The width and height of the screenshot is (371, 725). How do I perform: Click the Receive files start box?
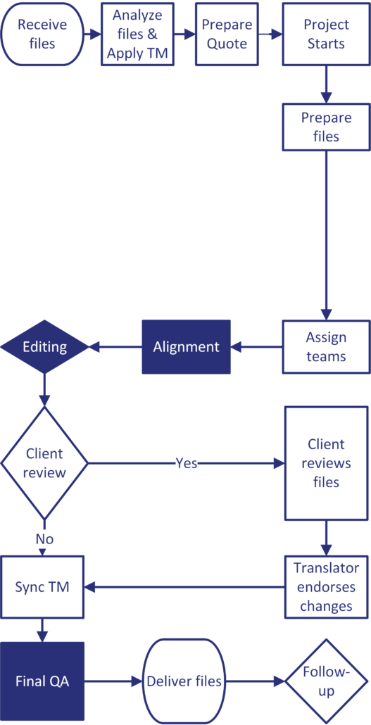tap(42, 34)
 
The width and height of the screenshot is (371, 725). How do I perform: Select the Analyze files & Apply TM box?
tap(137, 34)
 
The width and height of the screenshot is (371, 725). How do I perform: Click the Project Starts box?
tap(326, 34)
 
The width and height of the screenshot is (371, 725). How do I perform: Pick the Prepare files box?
tap(326, 127)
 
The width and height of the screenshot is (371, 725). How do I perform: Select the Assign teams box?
tap(326, 346)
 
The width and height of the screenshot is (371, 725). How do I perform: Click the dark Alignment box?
tap(187, 346)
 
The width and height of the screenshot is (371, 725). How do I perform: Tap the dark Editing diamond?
tap(44, 346)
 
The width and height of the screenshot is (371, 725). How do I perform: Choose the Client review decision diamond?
tap(44, 463)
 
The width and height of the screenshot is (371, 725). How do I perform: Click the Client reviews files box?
tap(326, 463)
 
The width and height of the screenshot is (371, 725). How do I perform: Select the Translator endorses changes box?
tap(326, 586)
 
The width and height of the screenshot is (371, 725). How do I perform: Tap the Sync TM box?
tap(42, 586)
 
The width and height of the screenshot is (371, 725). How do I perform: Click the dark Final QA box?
tap(42, 681)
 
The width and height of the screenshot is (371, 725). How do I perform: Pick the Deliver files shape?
tap(184, 681)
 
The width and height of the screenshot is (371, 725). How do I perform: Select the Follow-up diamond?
tap(326, 681)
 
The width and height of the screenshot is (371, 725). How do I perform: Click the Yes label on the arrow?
tap(187, 463)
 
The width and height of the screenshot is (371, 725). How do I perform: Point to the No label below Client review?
tap(44, 538)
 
